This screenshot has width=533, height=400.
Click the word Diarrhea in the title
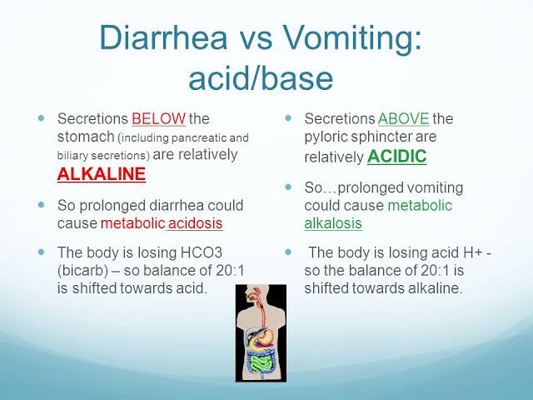click(163, 37)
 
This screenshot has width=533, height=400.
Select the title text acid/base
click(261, 79)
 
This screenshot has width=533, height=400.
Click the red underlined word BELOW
click(159, 118)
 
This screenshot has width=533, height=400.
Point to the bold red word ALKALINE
click(102, 174)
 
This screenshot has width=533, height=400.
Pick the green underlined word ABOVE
click(403, 118)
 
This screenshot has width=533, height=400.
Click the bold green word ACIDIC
click(396, 156)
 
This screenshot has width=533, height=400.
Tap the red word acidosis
click(196, 223)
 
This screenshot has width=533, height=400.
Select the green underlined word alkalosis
click(333, 223)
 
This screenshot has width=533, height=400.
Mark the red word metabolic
click(133, 223)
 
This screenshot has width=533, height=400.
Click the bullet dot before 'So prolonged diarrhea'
click(42, 205)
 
